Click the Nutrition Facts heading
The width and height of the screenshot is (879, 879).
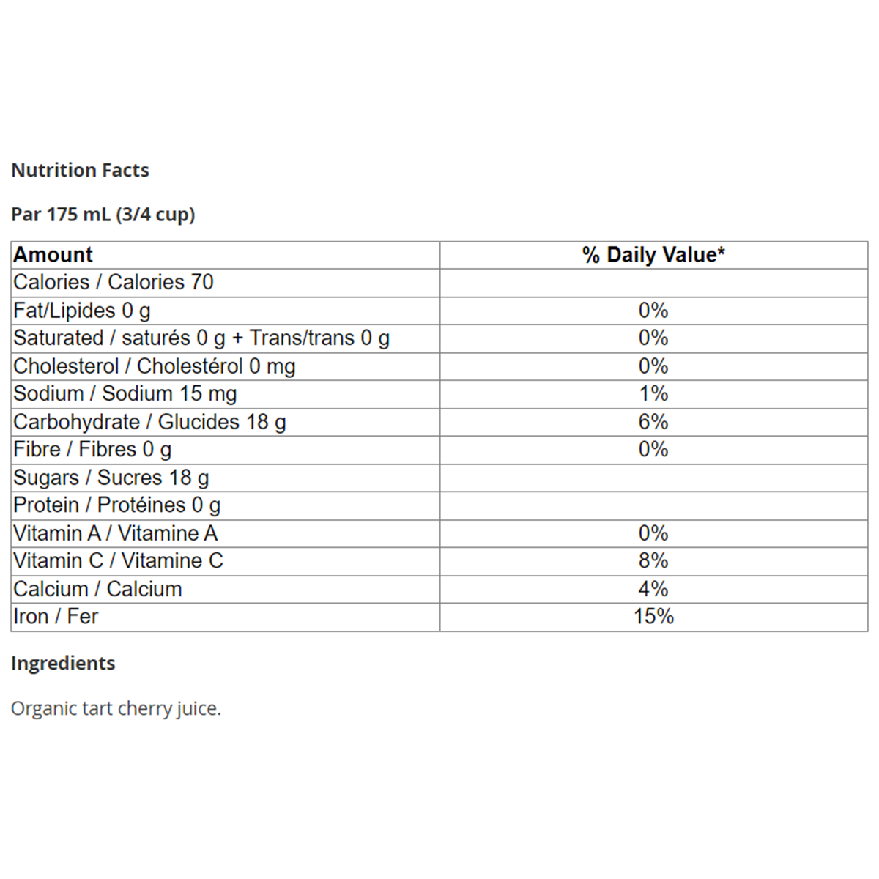click(81, 170)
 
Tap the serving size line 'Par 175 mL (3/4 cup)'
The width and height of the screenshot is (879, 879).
click(103, 215)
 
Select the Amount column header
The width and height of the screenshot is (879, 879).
click(53, 255)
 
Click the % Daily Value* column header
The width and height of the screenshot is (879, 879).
click(653, 255)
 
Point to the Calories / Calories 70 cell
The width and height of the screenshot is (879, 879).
click(114, 283)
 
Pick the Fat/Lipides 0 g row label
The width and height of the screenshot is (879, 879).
click(82, 311)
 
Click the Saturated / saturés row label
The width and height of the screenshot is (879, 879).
click(201, 338)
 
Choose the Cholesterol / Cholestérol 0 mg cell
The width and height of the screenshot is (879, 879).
click(155, 366)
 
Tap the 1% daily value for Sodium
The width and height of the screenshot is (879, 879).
click(653, 394)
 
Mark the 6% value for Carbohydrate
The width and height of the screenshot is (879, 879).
click(653, 422)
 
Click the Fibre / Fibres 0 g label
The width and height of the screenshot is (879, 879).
click(92, 450)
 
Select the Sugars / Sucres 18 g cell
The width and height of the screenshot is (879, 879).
click(111, 478)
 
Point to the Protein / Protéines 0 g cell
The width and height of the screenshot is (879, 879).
click(117, 505)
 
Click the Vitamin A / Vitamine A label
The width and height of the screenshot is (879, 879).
click(116, 533)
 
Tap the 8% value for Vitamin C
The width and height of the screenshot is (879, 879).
click(653, 561)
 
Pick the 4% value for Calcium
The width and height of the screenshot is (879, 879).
click(653, 589)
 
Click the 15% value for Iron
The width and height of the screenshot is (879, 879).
click(653, 617)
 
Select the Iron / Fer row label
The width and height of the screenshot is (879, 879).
click(56, 617)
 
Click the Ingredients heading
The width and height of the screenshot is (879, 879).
click(64, 663)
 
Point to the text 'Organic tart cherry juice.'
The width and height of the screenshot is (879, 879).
click(116, 708)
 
